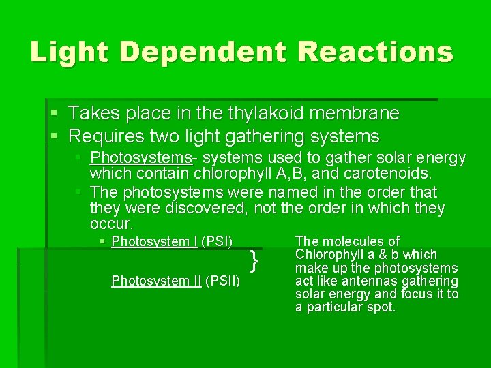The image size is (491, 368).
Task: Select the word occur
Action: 111,224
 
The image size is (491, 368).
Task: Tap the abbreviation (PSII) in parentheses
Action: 222,281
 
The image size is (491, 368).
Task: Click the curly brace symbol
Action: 254,260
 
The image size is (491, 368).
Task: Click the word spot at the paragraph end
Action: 381,307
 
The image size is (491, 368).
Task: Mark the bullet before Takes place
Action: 55,113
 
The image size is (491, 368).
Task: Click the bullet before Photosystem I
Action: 102,242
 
